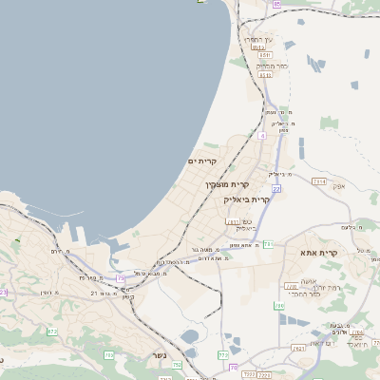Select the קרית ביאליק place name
coord(247,200)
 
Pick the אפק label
coord(338,186)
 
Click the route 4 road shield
coord(262,136)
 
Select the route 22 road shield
coord(275,189)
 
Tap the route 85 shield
coord(276,5)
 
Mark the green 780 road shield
coord(278,306)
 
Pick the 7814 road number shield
coord(319,180)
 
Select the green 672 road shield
coord(51,332)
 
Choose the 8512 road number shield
coord(256,46)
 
